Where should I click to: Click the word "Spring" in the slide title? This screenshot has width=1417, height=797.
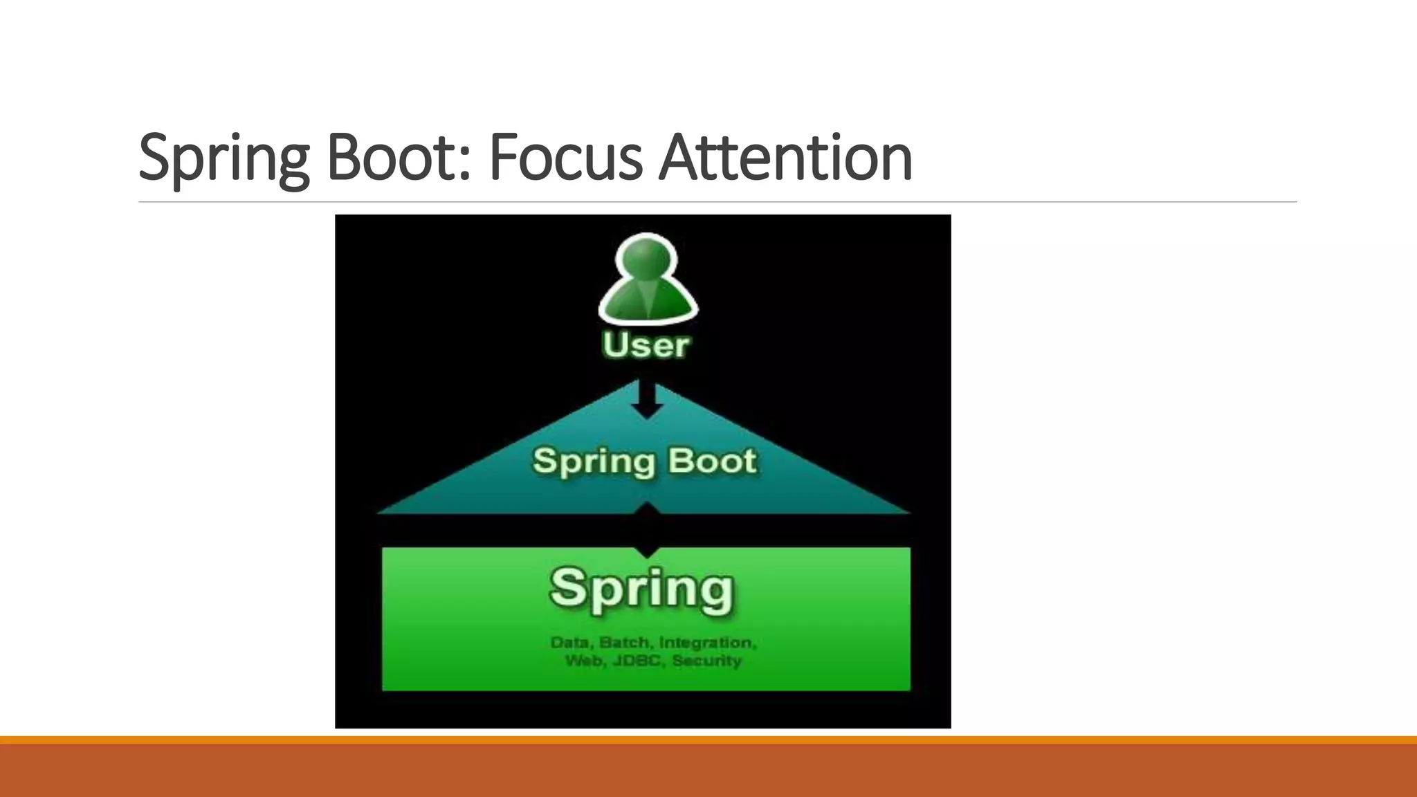pyautogui.click(x=223, y=159)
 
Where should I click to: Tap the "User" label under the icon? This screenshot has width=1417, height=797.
pyautogui.click(x=646, y=345)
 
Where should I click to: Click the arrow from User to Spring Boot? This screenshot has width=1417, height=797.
pyautogui.click(x=646, y=400)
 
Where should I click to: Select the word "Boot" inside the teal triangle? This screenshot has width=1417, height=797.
pyautogui.click(x=712, y=461)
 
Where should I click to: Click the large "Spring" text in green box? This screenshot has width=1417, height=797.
pyautogui.click(x=641, y=589)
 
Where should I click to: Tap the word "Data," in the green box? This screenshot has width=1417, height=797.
pyautogui.click(x=572, y=643)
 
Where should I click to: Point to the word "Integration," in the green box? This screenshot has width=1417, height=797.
pyautogui.click(x=708, y=643)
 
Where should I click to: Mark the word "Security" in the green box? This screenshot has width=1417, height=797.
pyautogui.click(x=706, y=661)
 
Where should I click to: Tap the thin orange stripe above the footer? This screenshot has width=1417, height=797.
pyautogui.click(x=708, y=740)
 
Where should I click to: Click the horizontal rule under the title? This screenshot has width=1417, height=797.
pyautogui.click(x=717, y=202)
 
